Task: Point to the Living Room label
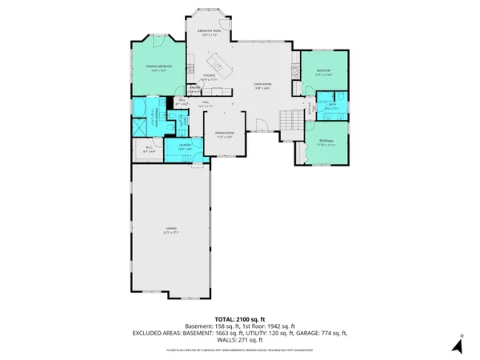[x=262, y=87]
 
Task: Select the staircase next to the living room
[x=289, y=119]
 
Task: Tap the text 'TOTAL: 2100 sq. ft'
[x=240, y=319]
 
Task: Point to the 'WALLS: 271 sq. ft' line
[x=240, y=338]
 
